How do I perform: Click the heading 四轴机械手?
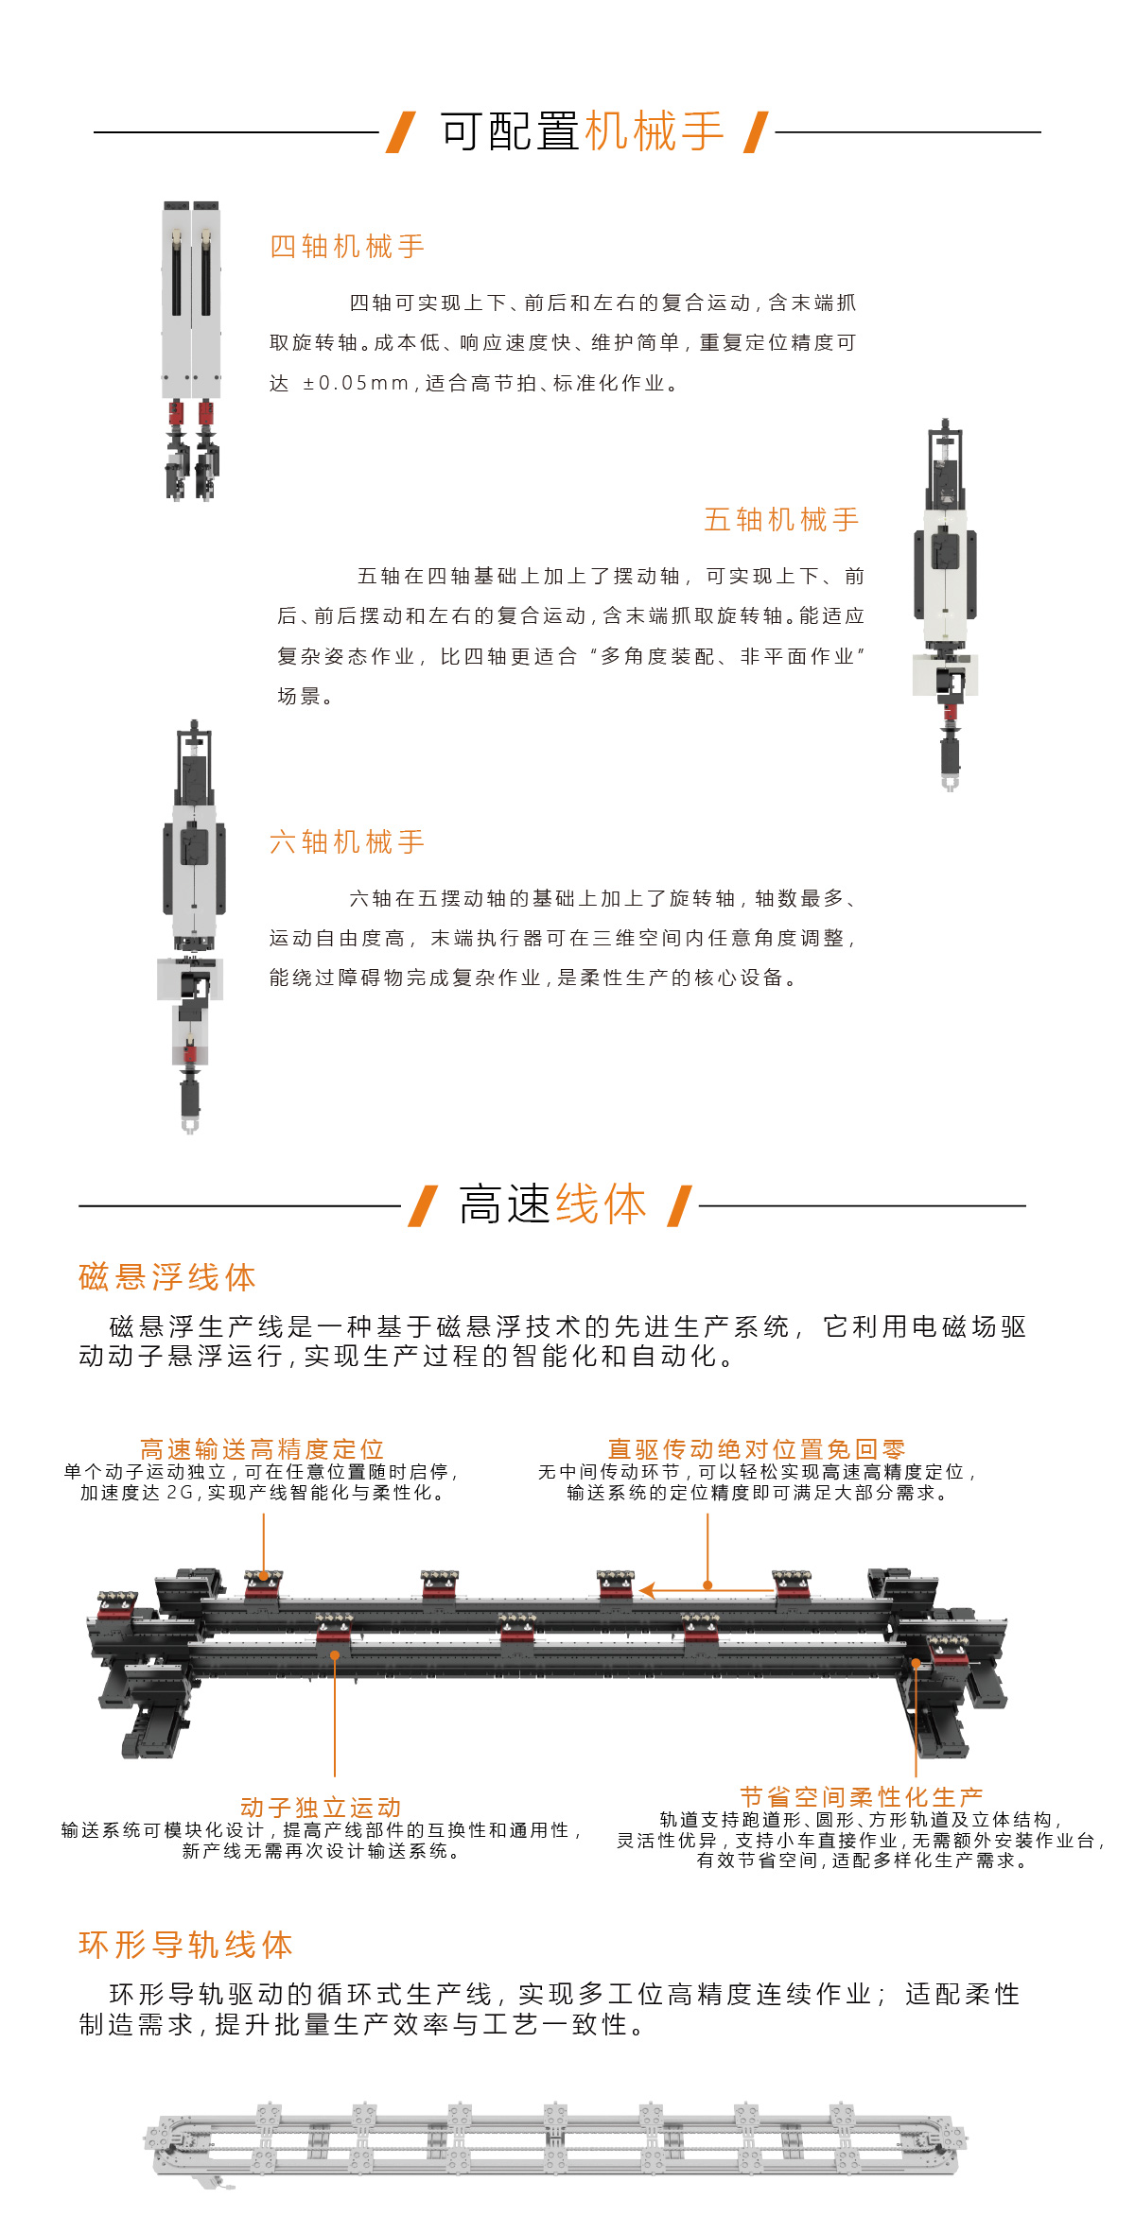pyautogui.click(x=347, y=247)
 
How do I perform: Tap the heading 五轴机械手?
pyautogui.click(x=781, y=520)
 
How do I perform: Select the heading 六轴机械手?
pyautogui.click(x=347, y=842)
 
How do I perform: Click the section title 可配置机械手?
pyautogui.click(x=582, y=131)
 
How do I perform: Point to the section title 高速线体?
pyautogui.click(x=553, y=1204)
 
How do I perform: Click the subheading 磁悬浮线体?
pyautogui.click(x=167, y=1277)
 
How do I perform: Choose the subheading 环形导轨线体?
pyautogui.click(x=186, y=1945)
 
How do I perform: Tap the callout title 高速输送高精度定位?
pyautogui.click(x=262, y=1449)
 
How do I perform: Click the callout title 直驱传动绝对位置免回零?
pyautogui.click(x=757, y=1449)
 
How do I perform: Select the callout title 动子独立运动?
pyautogui.click(x=321, y=1808)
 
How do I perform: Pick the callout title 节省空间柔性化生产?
pyautogui.click(x=862, y=1797)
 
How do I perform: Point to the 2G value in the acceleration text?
pyautogui.click(x=180, y=1493)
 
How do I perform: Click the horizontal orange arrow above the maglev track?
pyautogui.click(x=707, y=1591)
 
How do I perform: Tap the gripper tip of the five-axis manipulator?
pyautogui.click(x=950, y=784)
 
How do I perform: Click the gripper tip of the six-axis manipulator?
pyautogui.click(x=190, y=1125)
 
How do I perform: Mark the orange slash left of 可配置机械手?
pyautogui.click(x=401, y=131)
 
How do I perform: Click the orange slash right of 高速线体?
pyautogui.click(x=679, y=1205)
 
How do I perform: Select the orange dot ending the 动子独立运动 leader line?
pyautogui.click(x=335, y=1654)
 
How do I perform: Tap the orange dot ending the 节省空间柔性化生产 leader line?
pyautogui.click(x=916, y=1663)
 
